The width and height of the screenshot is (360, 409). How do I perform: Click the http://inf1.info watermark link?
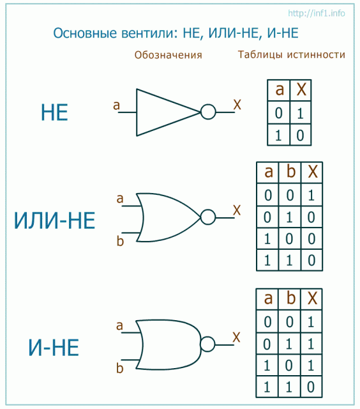[x=316, y=13]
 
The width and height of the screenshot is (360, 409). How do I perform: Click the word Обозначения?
[x=168, y=55]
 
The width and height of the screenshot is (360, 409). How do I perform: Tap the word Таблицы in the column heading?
[x=260, y=55]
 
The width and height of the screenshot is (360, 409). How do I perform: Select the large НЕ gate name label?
[x=54, y=112]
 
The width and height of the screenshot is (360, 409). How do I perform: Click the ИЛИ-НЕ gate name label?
[x=54, y=220]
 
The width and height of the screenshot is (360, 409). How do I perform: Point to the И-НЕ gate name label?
[x=54, y=348]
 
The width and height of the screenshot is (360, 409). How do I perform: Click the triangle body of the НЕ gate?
[x=137, y=112]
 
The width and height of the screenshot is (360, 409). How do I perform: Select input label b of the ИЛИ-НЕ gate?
[x=120, y=241]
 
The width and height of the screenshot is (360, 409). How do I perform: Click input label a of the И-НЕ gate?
[x=119, y=326]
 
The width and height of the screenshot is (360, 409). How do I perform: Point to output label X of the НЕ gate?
[x=237, y=105]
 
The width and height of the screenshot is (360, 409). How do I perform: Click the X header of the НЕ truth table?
[x=301, y=89]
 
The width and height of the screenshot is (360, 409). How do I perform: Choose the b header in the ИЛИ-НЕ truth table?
[x=290, y=171]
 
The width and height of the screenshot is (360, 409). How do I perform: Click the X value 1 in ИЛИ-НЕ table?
[x=311, y=195]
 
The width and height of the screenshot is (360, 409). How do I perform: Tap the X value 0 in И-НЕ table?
[x=310, y=387]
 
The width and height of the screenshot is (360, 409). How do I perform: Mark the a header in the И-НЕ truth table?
[x=268, y=298]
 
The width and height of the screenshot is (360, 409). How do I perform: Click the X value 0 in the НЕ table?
[x=300, y=135]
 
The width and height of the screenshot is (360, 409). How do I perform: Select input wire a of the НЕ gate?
[x=127, y=112]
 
